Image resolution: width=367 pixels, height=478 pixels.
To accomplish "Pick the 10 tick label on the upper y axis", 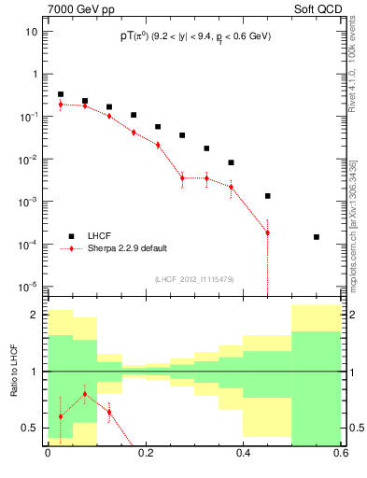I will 31,31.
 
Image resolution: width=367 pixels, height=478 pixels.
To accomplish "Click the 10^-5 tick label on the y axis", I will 27,287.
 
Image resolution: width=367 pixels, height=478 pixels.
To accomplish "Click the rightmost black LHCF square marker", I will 317,237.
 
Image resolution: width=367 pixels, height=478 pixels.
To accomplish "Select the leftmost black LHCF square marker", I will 60,94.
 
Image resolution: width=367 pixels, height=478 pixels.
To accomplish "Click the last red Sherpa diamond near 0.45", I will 267,232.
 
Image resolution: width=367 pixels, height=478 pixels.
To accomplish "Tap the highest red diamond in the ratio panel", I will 85,394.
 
